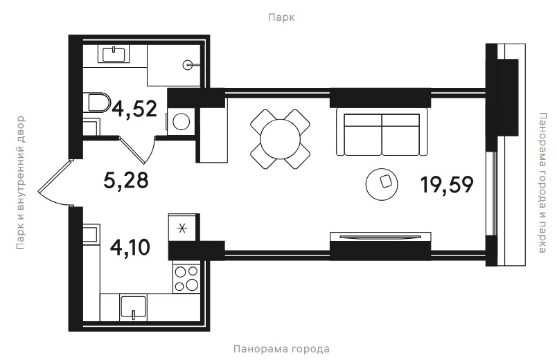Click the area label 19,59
[447, 185]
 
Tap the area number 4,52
[134, 109]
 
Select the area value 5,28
[126, 180]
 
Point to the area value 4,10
[130, 247]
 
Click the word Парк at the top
[281, 17]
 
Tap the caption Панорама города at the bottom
[281, 349]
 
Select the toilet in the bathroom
[97, 102]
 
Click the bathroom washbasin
[114, 54]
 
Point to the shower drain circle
[187, 65]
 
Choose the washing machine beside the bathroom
[182, 121]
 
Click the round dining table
[281, 139]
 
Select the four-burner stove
[186, 278]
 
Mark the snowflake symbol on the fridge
[182, 228]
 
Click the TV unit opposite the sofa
[380, 237]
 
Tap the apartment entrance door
[53, 185]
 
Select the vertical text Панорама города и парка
[542, 183]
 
